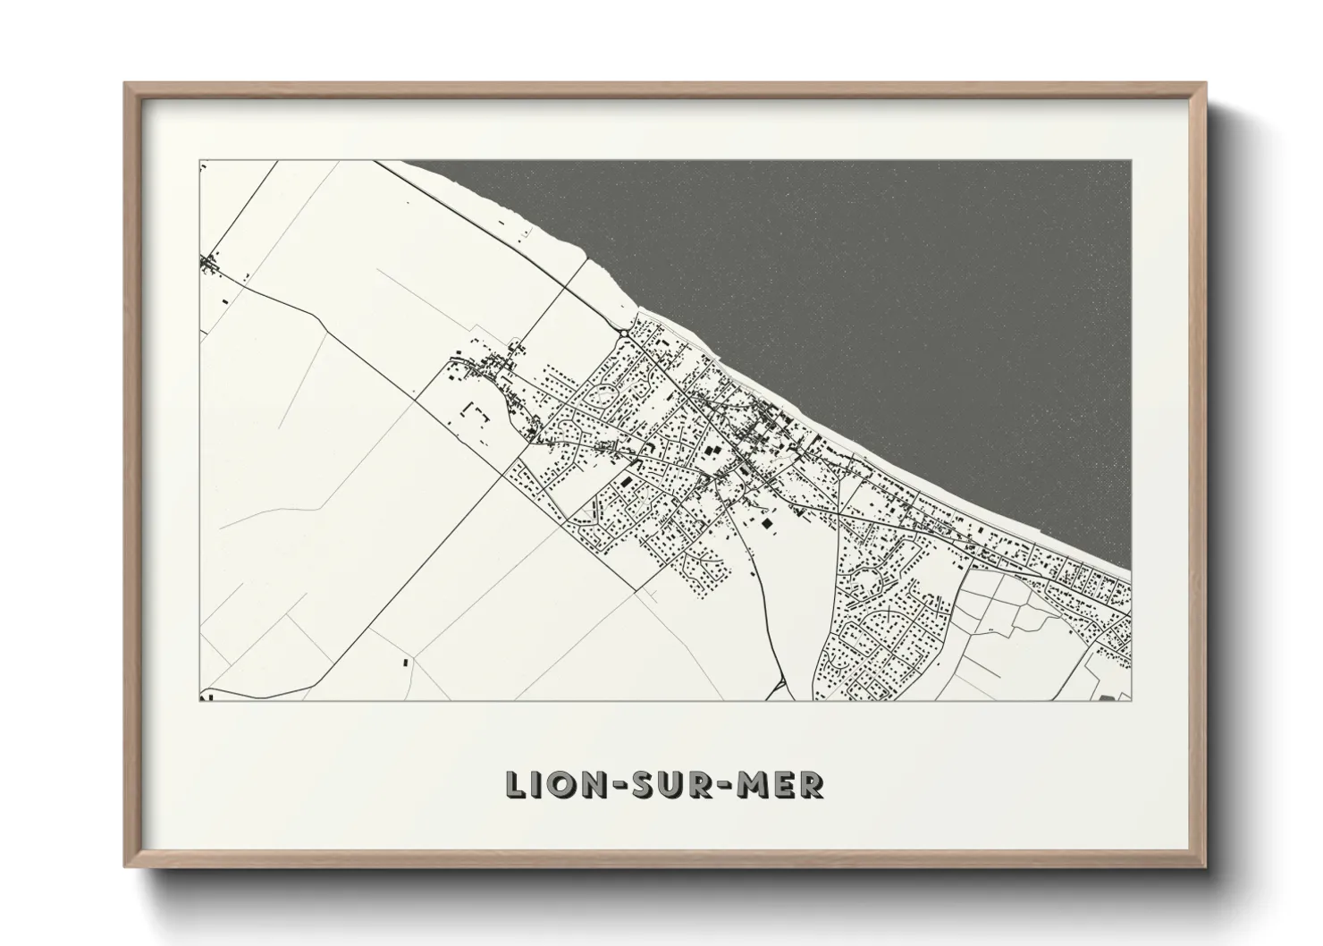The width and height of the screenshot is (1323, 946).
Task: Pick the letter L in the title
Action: pos(517,785)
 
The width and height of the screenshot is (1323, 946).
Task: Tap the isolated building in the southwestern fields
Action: pos(404,663)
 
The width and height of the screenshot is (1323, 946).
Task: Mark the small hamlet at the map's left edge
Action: pos(211,264)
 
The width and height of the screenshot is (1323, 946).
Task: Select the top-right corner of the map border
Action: pos(1131,161)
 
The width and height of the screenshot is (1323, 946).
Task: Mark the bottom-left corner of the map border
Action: pos(198,700)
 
